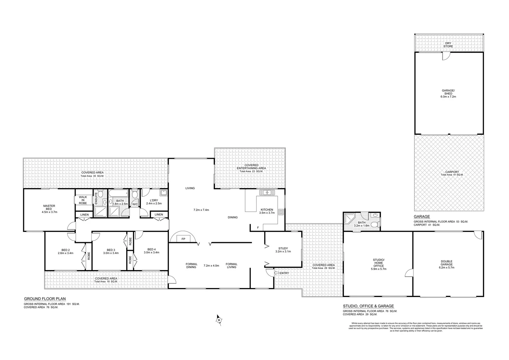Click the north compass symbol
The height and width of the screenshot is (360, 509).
(x=219, y=319)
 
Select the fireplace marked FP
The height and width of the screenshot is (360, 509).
(x=183, y=239)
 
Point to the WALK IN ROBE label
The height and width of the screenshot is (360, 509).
(x=83, y=200)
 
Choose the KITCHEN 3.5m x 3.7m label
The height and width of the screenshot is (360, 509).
(x=266, y=211)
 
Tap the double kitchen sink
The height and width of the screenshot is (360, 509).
(x=267, y=192)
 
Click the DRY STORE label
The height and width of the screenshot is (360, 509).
(x=448, y=45)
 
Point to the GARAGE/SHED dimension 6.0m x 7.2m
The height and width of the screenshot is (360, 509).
(x=448, y=97)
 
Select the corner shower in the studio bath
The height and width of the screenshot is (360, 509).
(x=350, y=218)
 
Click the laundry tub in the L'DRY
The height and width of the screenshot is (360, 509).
(x=164, y=193)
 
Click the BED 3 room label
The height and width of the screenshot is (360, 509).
(x=111, y=251)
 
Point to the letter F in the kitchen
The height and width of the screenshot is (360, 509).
(x=258, y=228)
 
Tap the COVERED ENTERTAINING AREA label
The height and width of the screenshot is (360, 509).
(x=251, y=167)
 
